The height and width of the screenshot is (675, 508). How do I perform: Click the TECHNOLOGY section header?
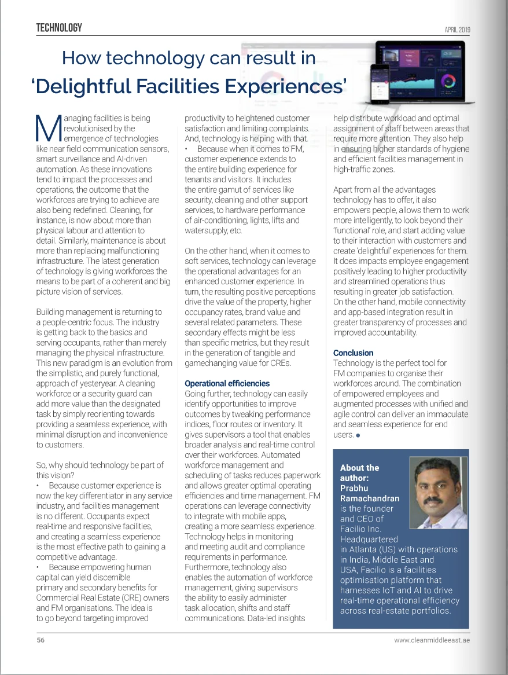coord(59,28)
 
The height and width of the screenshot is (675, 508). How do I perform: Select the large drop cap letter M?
coord(47,129)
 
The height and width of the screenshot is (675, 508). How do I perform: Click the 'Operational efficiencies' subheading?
coord(227,383)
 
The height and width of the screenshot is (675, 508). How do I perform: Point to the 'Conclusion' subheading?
coord(354,353)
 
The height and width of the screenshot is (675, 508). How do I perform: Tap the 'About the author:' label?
coord(359,473)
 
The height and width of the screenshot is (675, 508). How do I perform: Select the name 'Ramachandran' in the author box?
coord(370,498)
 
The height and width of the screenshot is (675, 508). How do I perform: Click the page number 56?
coord(41,640)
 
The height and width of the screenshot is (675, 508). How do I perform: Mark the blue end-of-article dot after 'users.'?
coord(359,435)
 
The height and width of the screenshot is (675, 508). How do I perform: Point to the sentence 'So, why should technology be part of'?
coord(100,465)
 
